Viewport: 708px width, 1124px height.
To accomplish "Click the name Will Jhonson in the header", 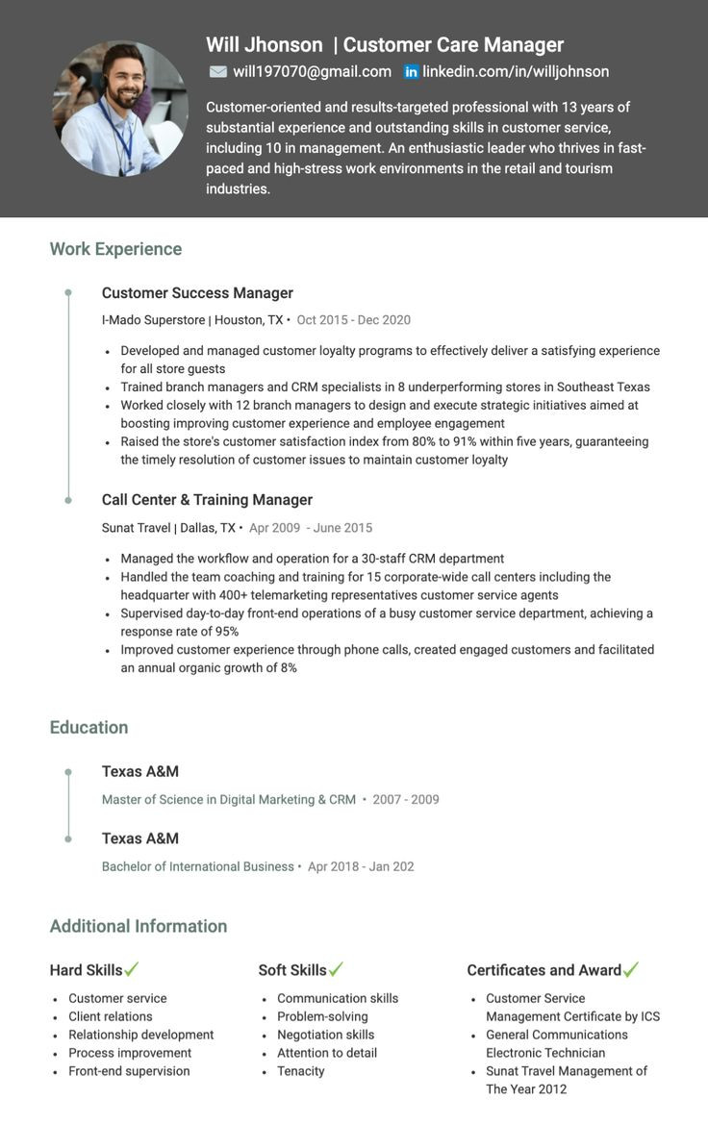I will coord(265,45).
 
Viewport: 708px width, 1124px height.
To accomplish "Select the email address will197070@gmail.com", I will coord(312,72).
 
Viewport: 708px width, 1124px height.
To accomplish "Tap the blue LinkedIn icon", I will coord(411,72).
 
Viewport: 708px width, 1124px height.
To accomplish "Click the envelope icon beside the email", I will coord(218,72).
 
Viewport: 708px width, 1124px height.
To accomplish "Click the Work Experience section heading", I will coord(115,249).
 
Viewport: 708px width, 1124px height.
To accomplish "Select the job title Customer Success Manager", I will coord(197,293).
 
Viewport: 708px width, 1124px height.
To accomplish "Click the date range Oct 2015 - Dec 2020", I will coord(353,320).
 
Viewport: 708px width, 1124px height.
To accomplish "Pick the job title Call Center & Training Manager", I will coord(207,500).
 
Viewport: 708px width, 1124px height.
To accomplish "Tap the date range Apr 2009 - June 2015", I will coord(311,528).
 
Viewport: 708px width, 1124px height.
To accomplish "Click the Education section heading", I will coord(88,728).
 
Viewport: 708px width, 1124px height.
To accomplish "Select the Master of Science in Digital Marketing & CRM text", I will coord(229,800).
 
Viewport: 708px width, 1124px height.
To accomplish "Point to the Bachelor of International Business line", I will coord(198,867).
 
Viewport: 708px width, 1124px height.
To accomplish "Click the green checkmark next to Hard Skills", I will coord(132,969).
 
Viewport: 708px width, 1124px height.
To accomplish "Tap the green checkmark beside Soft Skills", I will coord(336,969).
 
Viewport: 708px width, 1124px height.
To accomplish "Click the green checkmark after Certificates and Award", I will coord(631,969).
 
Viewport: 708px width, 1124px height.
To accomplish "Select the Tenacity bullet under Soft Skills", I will coord(301,1071).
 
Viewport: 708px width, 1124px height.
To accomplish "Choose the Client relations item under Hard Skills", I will coord(111,1016).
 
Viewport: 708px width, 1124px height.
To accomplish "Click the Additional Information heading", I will coord(139,927).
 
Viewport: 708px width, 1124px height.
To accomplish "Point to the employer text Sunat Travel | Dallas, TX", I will coord(168,528).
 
